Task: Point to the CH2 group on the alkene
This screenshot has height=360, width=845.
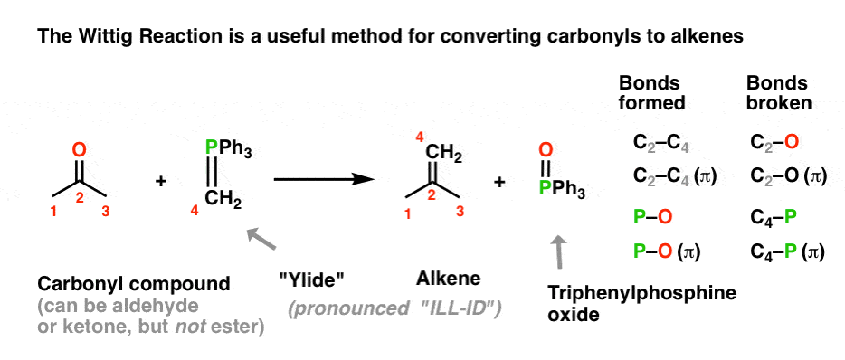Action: [446, 159]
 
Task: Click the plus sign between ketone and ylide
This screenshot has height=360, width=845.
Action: [161, 182]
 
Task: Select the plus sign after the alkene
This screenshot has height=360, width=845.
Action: [499, 182]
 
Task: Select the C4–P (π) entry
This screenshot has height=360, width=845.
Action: [787, 252]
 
